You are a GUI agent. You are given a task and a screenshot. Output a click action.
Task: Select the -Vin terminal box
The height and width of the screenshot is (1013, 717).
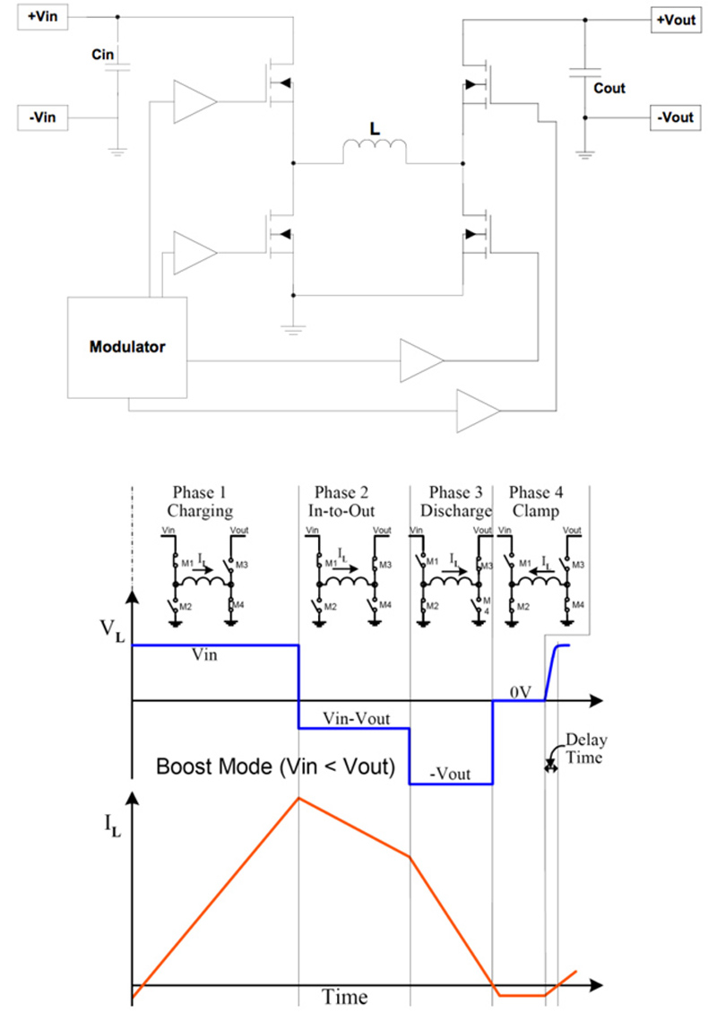43,117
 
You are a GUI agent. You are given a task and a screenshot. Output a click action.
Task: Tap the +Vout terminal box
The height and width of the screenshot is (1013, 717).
675,20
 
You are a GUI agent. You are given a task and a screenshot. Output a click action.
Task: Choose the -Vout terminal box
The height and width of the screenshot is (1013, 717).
675,117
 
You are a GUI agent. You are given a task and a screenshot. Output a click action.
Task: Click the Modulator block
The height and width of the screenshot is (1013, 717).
127,346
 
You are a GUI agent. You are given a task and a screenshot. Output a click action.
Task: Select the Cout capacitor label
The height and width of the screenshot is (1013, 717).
609,89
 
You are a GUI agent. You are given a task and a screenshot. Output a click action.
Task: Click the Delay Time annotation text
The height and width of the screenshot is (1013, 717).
584,749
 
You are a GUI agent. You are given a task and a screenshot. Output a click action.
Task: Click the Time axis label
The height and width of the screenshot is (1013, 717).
345,996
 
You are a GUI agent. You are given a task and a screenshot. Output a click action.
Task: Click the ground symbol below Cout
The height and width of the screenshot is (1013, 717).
584,153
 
